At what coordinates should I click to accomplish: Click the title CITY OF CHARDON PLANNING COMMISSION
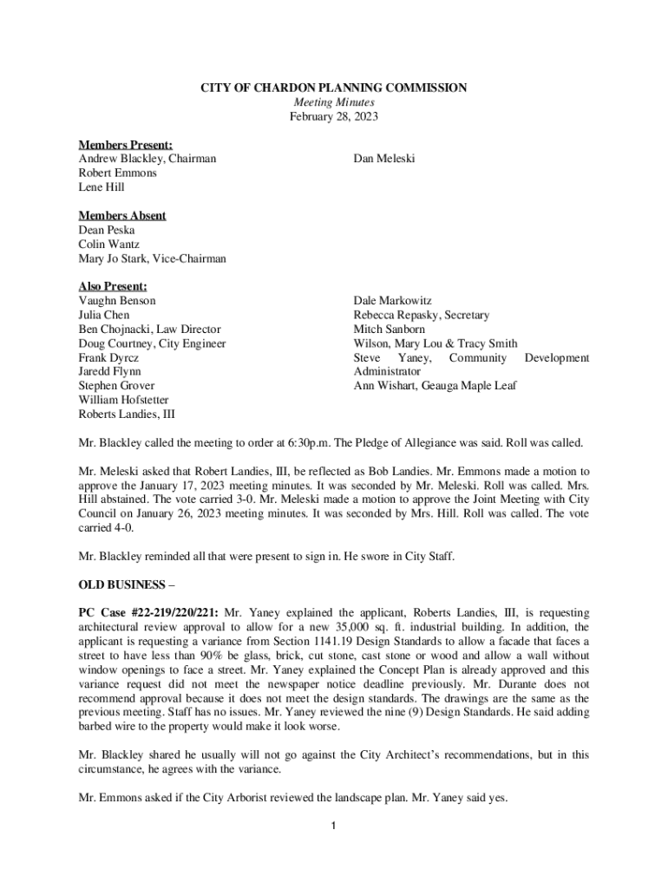click(334, 88)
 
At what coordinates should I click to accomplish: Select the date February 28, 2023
click(334, 116)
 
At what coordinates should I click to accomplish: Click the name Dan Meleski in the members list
click(384, 159)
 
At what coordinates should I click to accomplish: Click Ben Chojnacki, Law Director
click(149, 330)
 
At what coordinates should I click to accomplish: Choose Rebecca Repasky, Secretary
click(421, 315)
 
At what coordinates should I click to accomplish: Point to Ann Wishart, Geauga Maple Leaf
click(435, 386)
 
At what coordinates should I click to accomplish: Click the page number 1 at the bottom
click(334, 824)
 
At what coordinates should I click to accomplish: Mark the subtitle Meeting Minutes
click(334, 102)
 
